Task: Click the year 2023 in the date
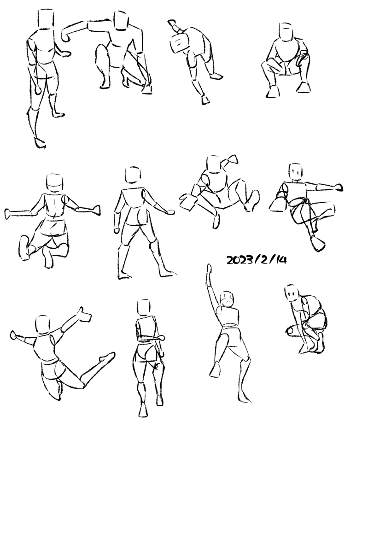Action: (240, 260)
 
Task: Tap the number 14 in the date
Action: (280, 260)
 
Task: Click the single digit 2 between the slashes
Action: (263, 260)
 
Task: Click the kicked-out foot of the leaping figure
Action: (107, 357)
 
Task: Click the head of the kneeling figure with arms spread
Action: (55, 183)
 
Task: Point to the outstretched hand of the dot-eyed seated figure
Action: (337, 187)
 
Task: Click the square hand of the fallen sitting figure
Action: (188, 202)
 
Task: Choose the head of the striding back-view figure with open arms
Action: (134, 175)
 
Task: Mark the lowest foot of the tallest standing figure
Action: (40, 142)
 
